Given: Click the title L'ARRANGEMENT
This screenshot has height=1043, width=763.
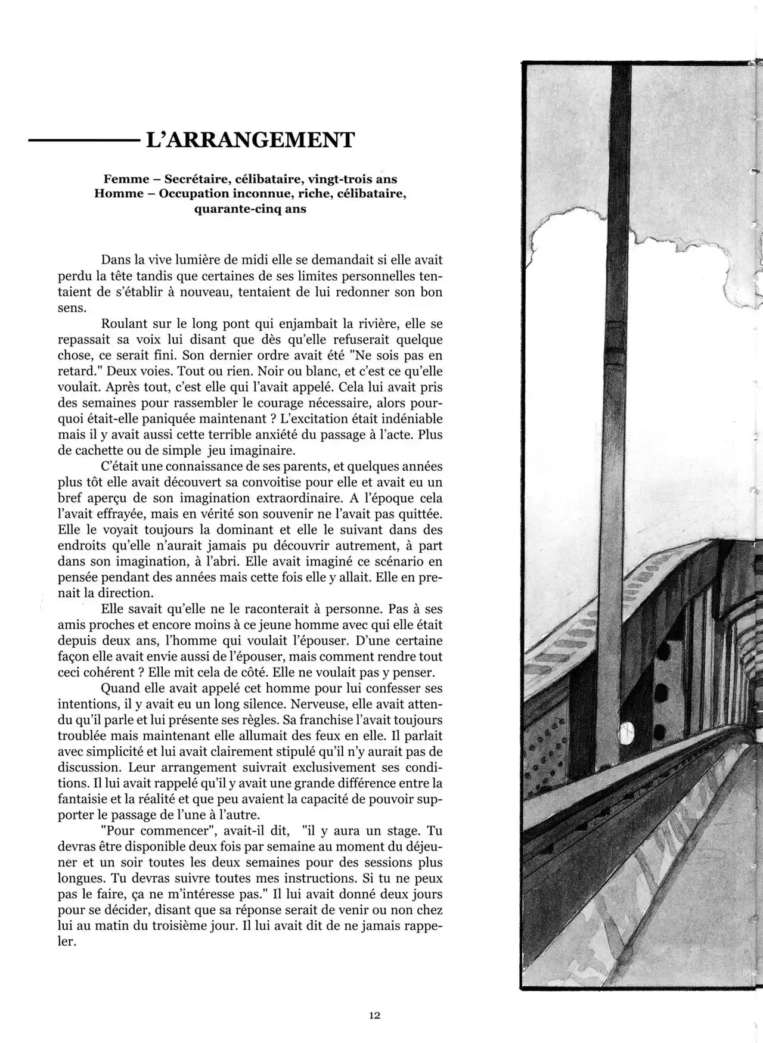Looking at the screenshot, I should [250, 141].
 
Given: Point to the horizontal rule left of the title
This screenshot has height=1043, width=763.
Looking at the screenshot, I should [82, 141].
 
